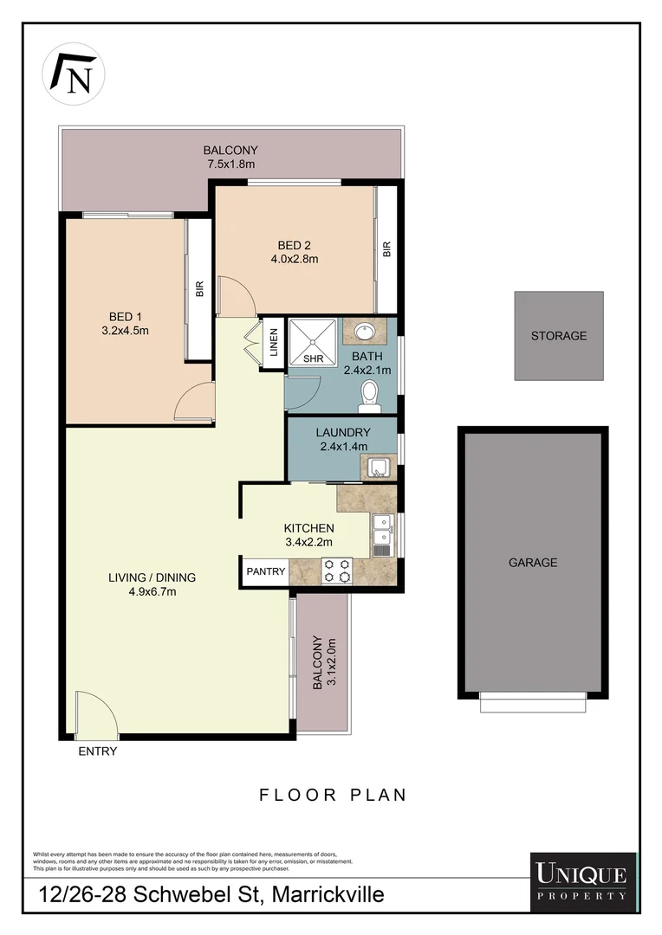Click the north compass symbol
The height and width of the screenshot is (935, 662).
click(74, 74)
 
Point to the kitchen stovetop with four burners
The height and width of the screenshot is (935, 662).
click(337, 570)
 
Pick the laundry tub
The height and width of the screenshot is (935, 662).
click(379, 468)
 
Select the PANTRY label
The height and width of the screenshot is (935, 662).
click(265, 571)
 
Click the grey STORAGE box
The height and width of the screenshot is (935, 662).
click(559, 336)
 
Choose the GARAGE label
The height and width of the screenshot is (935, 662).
click(533, 563)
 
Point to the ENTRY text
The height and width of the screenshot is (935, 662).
click(97, 751)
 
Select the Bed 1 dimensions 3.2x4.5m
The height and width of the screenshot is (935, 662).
click(127, 329)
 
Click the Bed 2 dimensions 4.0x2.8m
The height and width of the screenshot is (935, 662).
click(294, 257)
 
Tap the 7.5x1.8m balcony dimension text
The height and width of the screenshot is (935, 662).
click(230, 163)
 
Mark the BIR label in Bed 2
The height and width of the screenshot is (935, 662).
click(387, 249)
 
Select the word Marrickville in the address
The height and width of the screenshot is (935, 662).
click(328, 894)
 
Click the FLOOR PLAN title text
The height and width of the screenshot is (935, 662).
click(333, 794)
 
